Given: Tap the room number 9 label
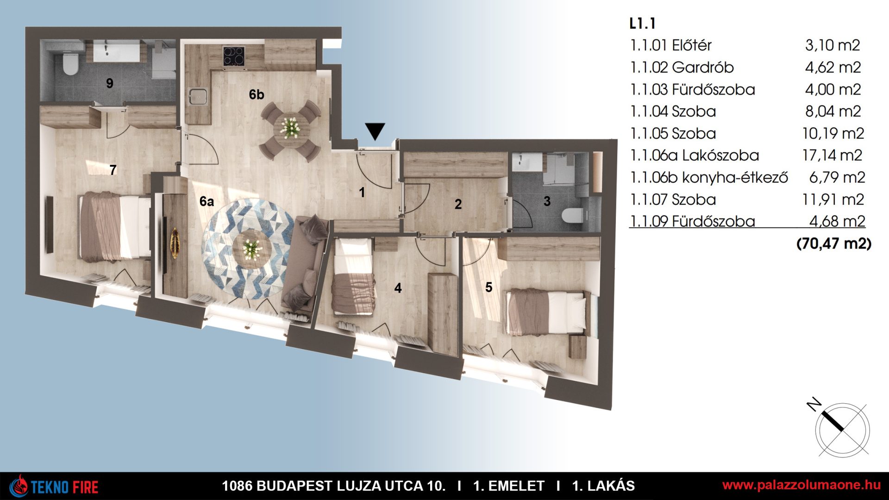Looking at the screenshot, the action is click(x=110, y=83).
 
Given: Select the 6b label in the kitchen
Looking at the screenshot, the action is click(x=257, y=94).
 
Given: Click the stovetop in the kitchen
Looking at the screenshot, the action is click(x=233, y=57).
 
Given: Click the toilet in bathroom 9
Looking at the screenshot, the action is click(x=70, y=64).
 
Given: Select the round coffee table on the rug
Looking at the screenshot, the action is click(x=251, y=249).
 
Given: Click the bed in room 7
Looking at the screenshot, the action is click(x=115, y=227).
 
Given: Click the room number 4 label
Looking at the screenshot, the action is click(x=398, y=288).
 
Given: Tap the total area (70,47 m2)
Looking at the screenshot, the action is click(x=833, y=244).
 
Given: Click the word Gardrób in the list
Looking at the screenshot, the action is click(x=703, y=68).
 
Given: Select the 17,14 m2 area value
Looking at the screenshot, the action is click(x=833, y=156).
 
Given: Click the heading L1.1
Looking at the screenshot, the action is click(x=642, y=23).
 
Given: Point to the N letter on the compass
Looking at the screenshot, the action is click(x=814, y=405).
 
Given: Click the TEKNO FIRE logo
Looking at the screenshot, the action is click(x=55, y=487).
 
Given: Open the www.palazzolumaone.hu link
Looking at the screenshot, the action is click(x=801, y=485).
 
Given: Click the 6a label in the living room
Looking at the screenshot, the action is click(x=207, y=201).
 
